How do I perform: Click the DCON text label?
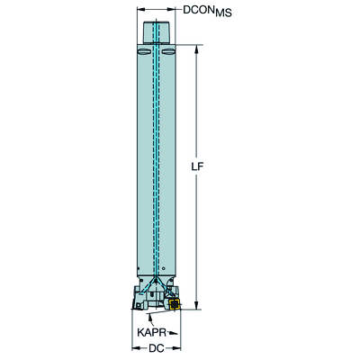(199, 10)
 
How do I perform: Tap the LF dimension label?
(197, 166)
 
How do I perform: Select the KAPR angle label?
(152, 332)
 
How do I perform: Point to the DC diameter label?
(157, 348)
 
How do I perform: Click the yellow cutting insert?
(174, 303)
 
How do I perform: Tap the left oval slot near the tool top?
(143, 52)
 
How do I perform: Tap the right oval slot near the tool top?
(168, 52)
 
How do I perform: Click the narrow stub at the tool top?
(157, 32)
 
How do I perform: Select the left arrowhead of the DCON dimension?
(140, 10)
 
